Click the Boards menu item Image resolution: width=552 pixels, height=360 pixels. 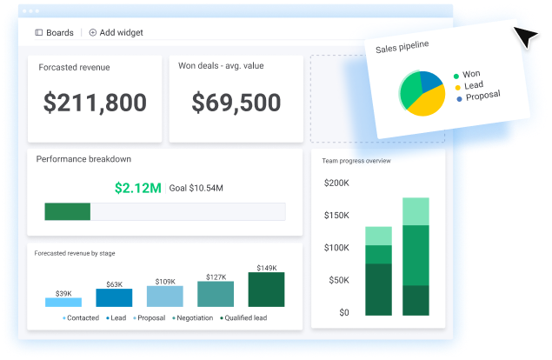pos(54,32)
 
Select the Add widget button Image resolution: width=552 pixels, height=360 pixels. pos(116,32)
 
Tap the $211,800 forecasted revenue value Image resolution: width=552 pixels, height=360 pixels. pos(95,103)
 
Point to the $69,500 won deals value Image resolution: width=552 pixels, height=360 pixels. pos(236,103)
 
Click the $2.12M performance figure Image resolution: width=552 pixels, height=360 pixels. pos(138,188)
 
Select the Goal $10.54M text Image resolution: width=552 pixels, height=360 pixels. pos(196,188)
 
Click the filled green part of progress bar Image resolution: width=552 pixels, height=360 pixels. pos(67,211)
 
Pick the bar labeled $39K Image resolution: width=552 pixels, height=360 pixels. pos(63,302)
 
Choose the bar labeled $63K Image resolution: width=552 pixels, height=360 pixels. pos(114,297)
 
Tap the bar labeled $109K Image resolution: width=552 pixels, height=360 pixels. pos(164,297)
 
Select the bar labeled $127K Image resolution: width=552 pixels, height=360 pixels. pos(216,294)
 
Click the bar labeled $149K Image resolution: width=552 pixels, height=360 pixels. pos(266,290)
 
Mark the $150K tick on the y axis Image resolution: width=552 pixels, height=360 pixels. pos(336,216)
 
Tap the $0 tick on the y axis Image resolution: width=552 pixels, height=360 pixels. pos(344,312)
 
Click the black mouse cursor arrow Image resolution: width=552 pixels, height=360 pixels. pos(525,37)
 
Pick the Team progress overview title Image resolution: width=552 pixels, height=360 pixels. pos(356,161)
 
